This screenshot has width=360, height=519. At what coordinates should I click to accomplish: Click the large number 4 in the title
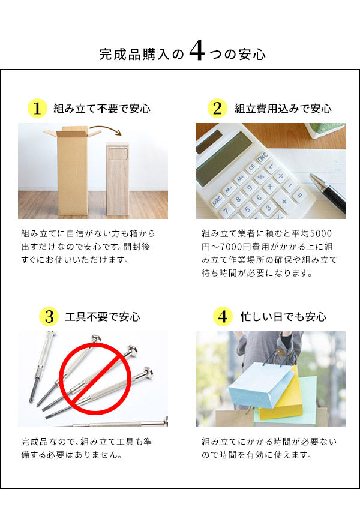coord(197,53)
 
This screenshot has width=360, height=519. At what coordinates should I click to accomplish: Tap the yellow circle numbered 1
coord(37,109)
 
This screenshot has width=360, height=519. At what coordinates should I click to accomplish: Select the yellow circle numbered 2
coord(217,109)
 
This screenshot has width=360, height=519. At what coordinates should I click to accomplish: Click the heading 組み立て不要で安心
coord(101,109)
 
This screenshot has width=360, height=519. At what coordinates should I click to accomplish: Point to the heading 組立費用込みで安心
coord(283,109)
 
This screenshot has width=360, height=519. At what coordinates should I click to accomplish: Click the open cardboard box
coord(73,171)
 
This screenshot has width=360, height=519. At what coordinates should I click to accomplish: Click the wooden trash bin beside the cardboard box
coord(118,179)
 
